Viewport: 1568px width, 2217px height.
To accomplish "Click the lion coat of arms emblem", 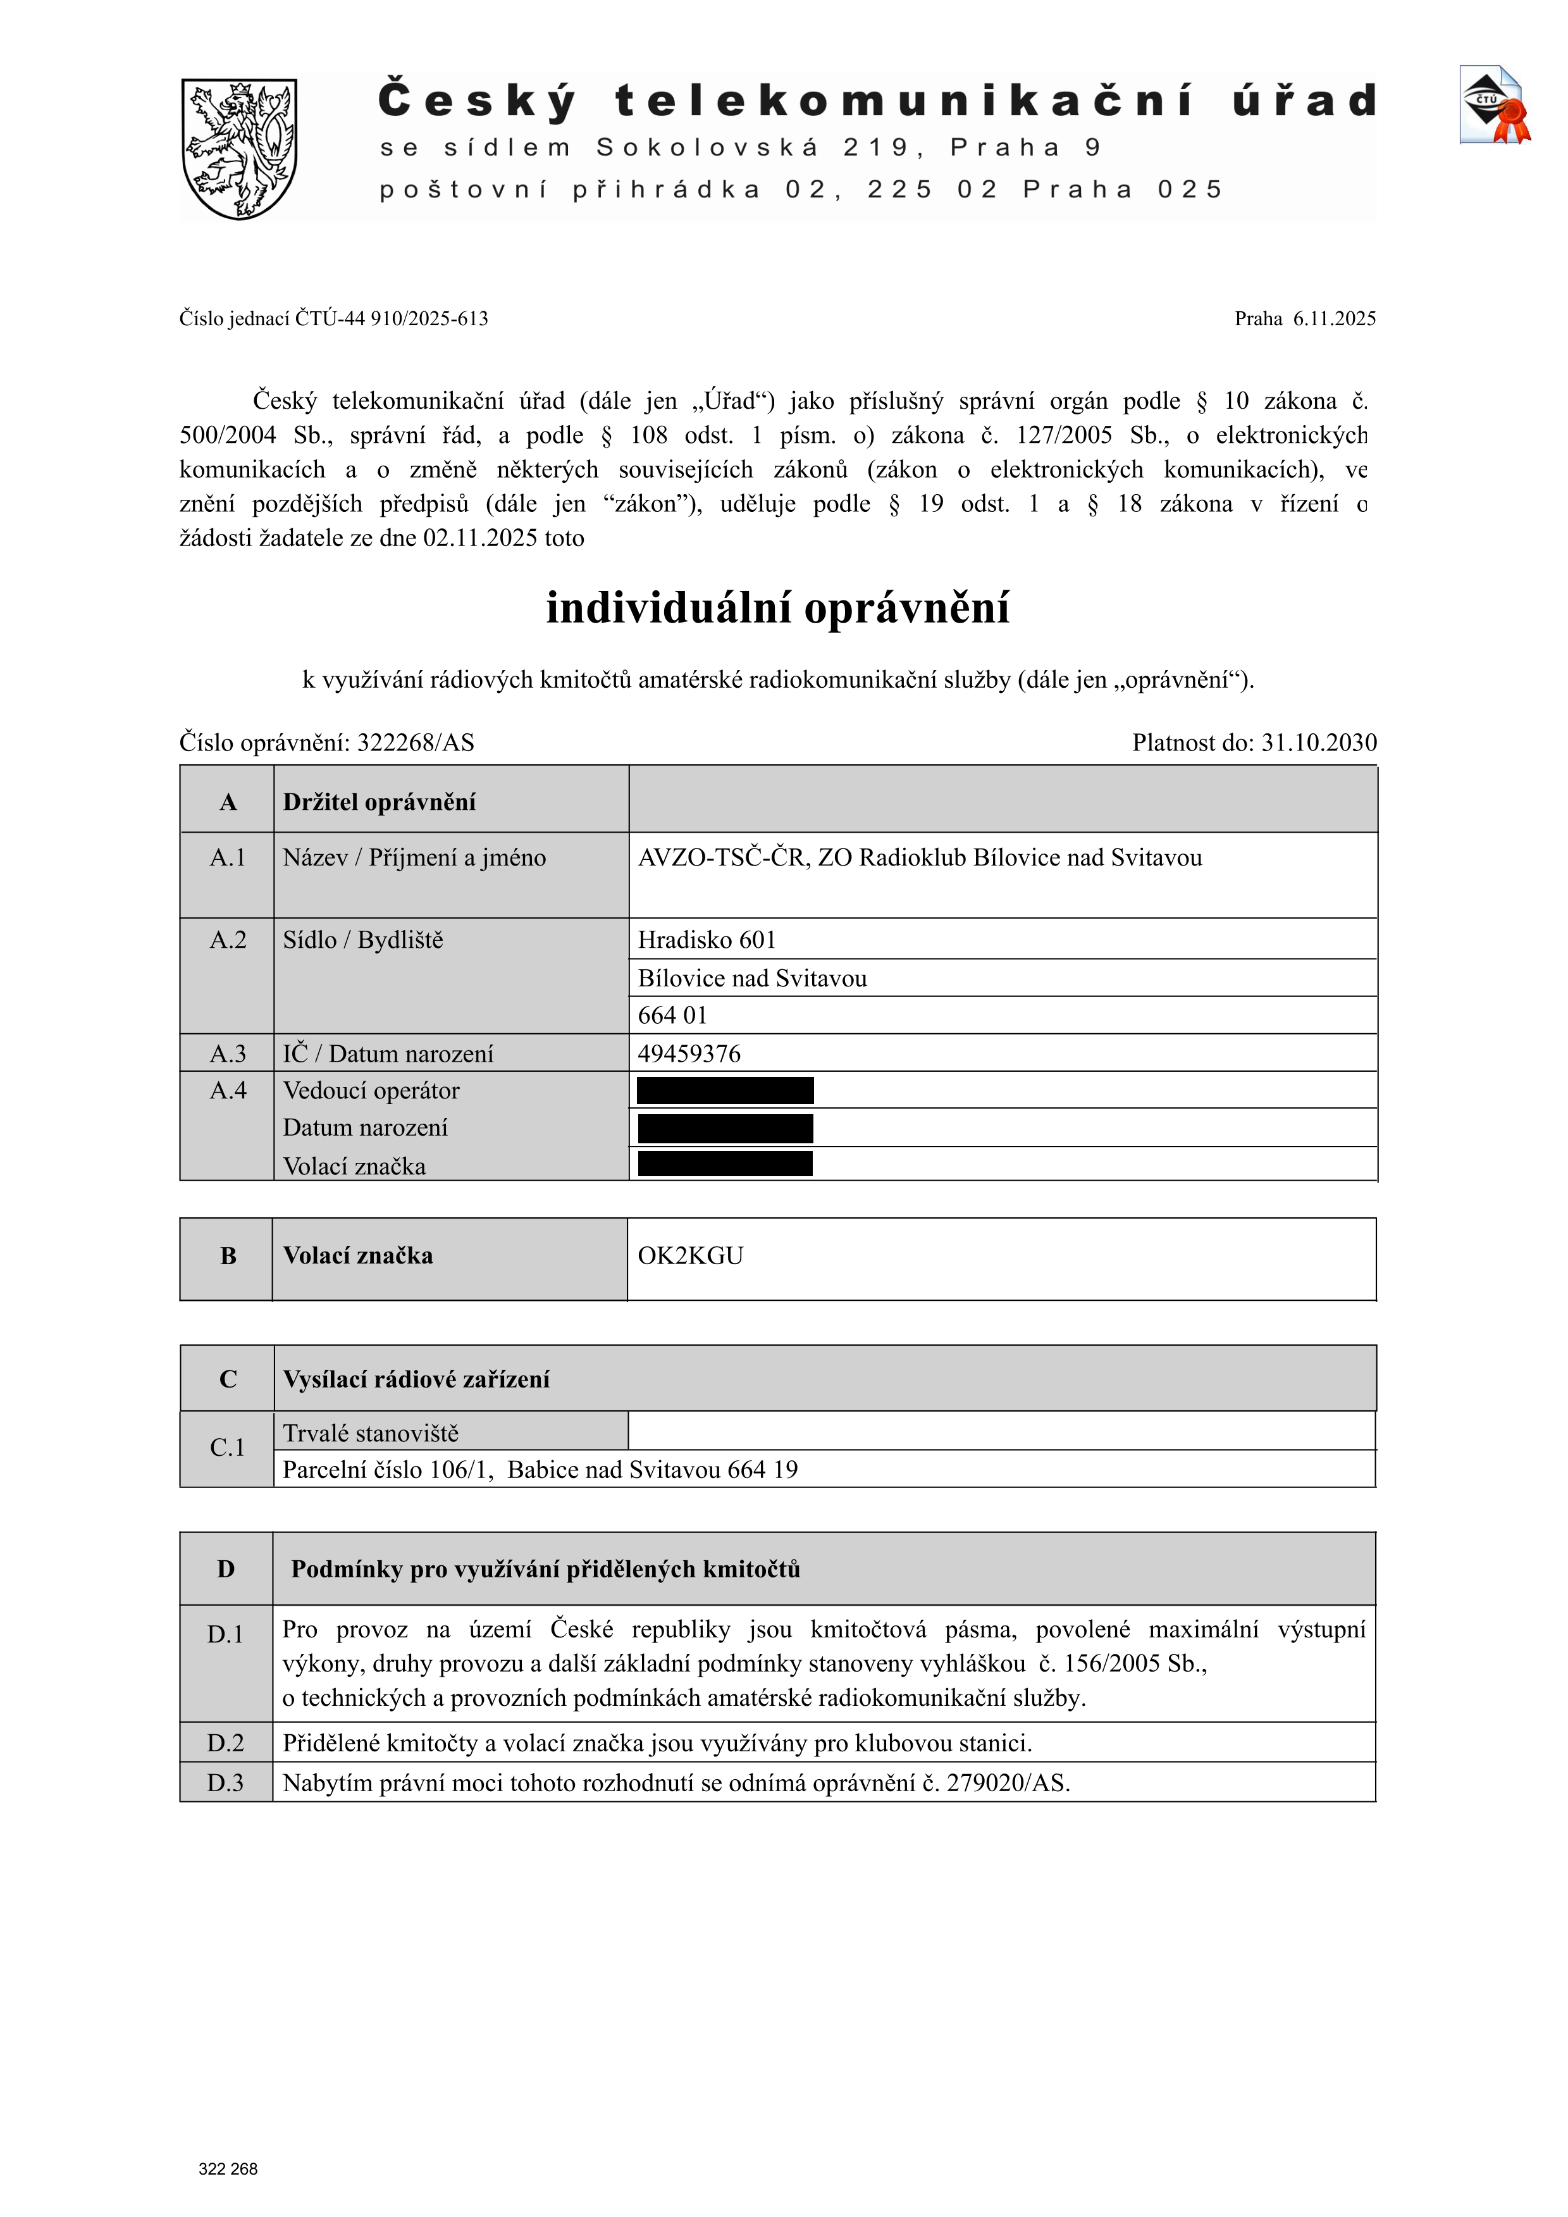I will coord(240,149).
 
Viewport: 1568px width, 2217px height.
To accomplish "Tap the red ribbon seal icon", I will coord(1510,121).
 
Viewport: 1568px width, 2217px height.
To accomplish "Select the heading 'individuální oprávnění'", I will coord(777,608).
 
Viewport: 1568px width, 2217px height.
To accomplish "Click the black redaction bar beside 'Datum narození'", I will coord(725,1129).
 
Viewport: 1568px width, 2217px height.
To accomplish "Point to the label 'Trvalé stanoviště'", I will coord(371,1434).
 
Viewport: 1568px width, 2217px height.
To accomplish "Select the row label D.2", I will coord(226,1744).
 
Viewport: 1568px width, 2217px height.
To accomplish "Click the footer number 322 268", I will coord(228,2169).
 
